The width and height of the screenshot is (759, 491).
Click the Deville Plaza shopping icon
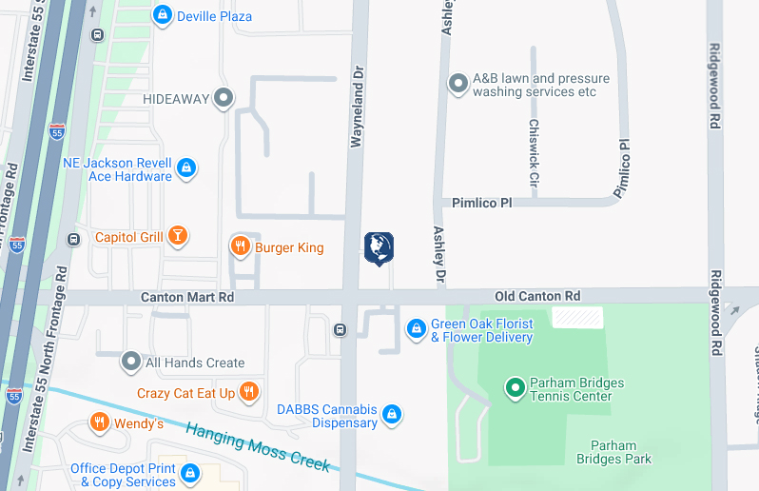163,15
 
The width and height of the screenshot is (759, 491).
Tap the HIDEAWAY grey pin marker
224,97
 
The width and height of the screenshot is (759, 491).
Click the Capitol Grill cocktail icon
177,236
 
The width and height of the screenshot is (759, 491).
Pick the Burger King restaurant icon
240,247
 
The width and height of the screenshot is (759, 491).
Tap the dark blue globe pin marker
379,247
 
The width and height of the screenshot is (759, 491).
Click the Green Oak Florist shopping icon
416,329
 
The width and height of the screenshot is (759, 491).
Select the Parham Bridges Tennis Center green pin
515,388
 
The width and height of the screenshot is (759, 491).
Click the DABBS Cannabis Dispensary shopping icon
391,415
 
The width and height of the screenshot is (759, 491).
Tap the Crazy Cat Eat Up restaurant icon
248,392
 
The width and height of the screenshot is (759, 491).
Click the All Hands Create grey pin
131,362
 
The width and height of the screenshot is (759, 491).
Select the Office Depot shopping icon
190,473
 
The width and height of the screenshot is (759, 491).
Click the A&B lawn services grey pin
458,85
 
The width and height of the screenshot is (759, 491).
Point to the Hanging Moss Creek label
257,446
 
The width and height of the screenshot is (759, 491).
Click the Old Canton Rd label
536,297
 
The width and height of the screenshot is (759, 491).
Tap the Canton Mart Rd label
186,297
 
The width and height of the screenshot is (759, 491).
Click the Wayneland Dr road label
358,105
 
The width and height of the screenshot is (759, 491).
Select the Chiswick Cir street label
534,152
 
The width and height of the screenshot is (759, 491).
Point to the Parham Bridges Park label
613,452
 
